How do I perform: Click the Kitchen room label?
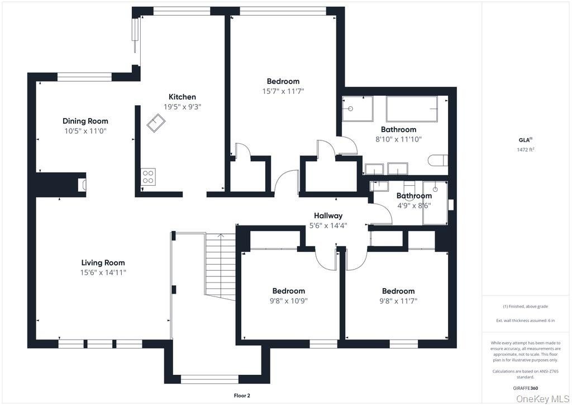click(182, 97)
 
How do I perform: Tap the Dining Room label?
click(85, 121)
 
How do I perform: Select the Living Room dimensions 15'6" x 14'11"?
click(103, 272)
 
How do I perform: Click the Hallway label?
click(328, 216)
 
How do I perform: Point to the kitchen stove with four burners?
click(148, 177)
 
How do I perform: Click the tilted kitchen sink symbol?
click(156, 123)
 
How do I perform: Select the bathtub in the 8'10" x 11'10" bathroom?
click(412, 109)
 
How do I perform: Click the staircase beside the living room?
click(220, 267)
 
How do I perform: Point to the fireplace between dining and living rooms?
click(83, 185)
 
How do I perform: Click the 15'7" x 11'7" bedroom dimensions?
click(283, 91)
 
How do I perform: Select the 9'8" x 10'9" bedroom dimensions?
click(289, 301)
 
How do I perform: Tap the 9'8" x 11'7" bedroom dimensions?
click(398, 301)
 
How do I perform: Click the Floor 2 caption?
click(242, 395)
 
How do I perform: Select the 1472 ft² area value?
click(526, 149)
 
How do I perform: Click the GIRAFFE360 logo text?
click(525, 388)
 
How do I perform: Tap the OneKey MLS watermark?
click(542, 399)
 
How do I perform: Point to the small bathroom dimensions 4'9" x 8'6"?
click(414, 206)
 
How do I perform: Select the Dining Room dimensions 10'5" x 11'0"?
click(85, 131)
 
